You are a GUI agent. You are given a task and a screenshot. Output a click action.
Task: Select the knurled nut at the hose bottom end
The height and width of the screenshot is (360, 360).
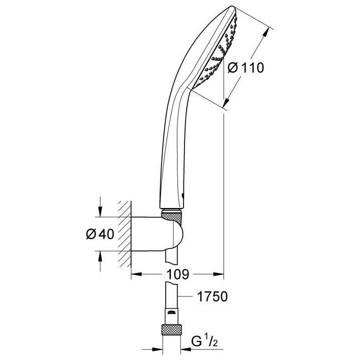(171, 330)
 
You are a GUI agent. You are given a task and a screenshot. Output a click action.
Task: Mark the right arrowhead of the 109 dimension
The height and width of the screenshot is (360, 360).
(219, 274)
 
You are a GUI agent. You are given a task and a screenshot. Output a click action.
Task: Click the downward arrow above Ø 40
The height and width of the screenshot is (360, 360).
(100, 212)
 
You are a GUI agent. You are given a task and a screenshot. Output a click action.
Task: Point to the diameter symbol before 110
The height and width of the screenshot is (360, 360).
(232, 68)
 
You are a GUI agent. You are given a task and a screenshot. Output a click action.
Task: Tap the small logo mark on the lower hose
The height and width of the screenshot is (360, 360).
(171, 313)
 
